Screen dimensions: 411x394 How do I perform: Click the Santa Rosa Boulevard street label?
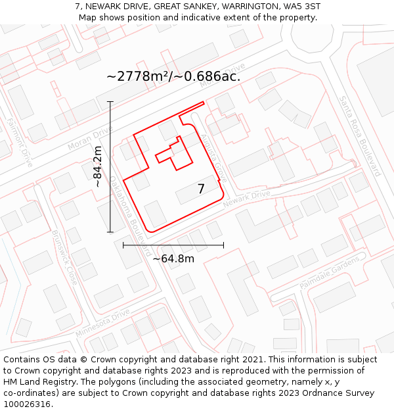pos(359,135)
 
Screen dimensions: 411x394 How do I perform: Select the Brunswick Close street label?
pos(64,257)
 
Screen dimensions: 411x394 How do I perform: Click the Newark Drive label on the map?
pos(247,199)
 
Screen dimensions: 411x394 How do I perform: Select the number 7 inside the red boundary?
pos(201,189)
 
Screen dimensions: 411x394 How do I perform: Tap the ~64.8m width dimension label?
pos(173,258)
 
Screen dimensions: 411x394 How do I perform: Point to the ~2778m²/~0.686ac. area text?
pos(173,76)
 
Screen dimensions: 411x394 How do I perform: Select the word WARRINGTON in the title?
pos(242,6)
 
